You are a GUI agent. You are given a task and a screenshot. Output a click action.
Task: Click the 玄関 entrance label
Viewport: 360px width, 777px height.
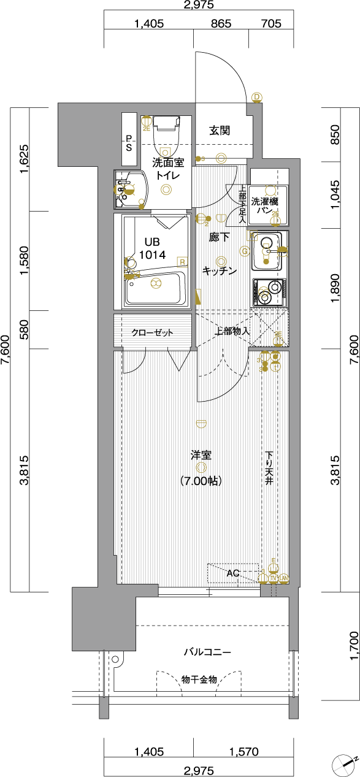(x=219, y=130)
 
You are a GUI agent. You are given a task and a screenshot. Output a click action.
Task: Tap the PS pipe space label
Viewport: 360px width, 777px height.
(x=129, y=143)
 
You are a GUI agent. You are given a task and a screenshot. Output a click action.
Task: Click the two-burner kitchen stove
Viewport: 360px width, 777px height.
(x=268, y=293)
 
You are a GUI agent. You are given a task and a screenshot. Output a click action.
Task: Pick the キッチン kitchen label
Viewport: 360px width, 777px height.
(x=219, y=270)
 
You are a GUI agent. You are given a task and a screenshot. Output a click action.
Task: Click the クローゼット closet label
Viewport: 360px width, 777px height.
(x=152, y=333)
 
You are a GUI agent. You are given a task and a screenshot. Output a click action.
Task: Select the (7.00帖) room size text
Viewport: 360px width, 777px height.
(x=201, y=481)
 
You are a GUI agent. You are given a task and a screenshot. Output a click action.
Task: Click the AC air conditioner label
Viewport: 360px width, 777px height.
(x=232, y=573)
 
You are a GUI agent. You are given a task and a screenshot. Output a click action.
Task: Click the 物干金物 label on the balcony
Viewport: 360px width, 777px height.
(x=199, y=679)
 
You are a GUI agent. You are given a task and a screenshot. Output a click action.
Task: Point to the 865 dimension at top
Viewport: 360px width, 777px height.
(x=221, y=24)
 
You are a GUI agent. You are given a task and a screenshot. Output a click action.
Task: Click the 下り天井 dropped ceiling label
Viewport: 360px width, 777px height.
(x=269, y=469)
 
